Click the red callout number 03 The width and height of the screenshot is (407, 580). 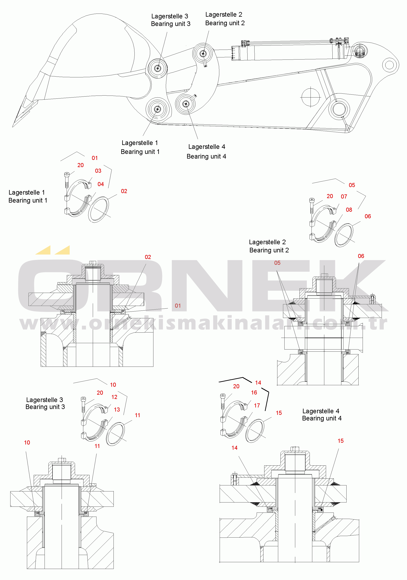click(x=98, y=171)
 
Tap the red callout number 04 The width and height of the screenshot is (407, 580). click(x=101, y=184)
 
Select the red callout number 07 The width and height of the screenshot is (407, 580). click(x=344, y=196)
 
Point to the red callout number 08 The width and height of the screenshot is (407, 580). click(x=349, y=210)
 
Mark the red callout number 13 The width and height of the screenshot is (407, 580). click(x=117, y=409)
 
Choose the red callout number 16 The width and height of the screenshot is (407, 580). click(x=254, y=392)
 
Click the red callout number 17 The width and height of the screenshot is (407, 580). click(x=257, y=406)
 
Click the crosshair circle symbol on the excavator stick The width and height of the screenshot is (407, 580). click(x=311, y=97)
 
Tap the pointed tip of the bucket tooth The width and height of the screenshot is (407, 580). click(x=13, y=127)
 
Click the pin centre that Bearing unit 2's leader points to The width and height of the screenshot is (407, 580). click(x=203, y=54)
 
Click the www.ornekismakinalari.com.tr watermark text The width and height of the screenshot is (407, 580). click(x=203, y=323)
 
